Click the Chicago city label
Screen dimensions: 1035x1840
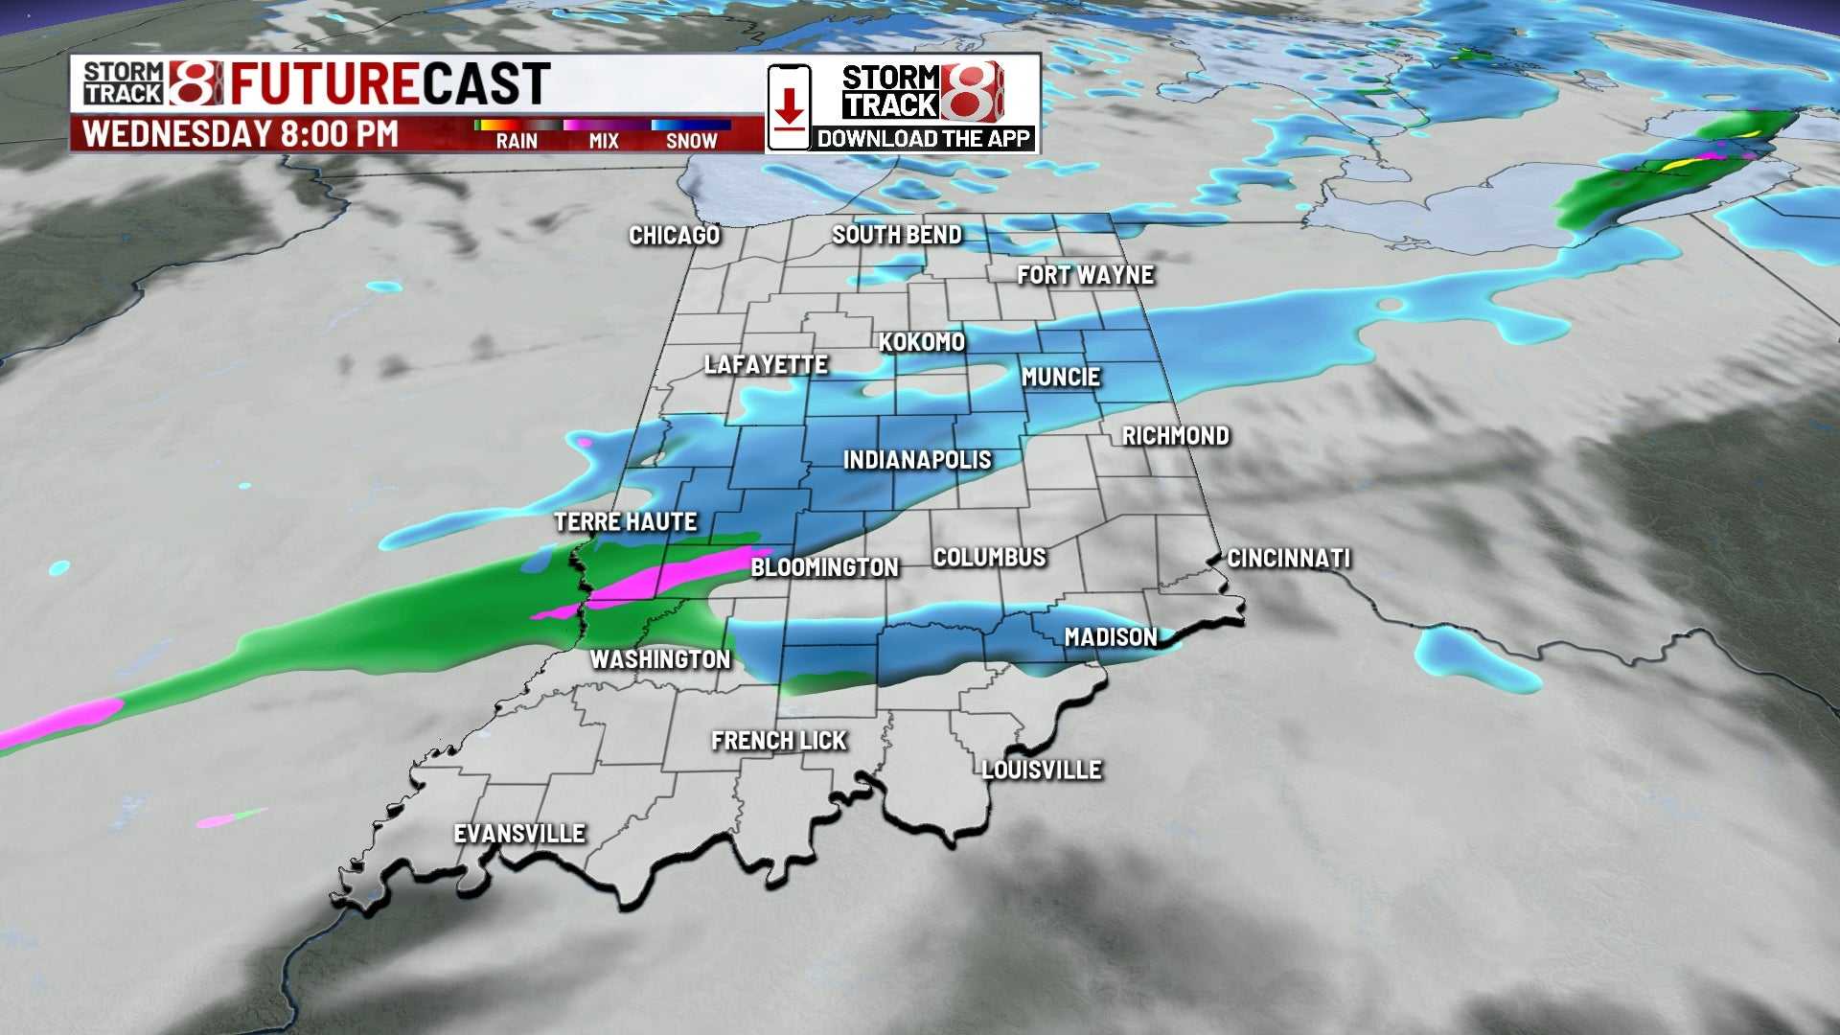674,236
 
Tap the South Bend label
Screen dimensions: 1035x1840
896,235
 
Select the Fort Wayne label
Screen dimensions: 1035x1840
1085,276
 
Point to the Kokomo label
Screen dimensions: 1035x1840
921,342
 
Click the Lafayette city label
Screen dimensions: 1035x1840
766,365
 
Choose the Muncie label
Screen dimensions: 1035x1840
1060,378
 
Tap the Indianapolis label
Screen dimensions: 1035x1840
917,461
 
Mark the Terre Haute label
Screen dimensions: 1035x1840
625,522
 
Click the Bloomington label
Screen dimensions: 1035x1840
824,567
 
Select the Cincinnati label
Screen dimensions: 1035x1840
1288,559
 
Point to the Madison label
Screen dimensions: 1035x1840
1110,637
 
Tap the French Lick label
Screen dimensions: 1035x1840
778,741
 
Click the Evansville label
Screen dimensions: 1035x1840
518,834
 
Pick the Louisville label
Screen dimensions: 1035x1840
1041,770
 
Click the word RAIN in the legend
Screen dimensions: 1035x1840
517,142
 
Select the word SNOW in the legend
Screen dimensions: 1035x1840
691,142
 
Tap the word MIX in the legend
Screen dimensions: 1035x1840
604,142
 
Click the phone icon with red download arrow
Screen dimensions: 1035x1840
789,107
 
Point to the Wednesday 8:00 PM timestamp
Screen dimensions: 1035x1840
240,134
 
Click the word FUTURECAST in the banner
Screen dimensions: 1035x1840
389,83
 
